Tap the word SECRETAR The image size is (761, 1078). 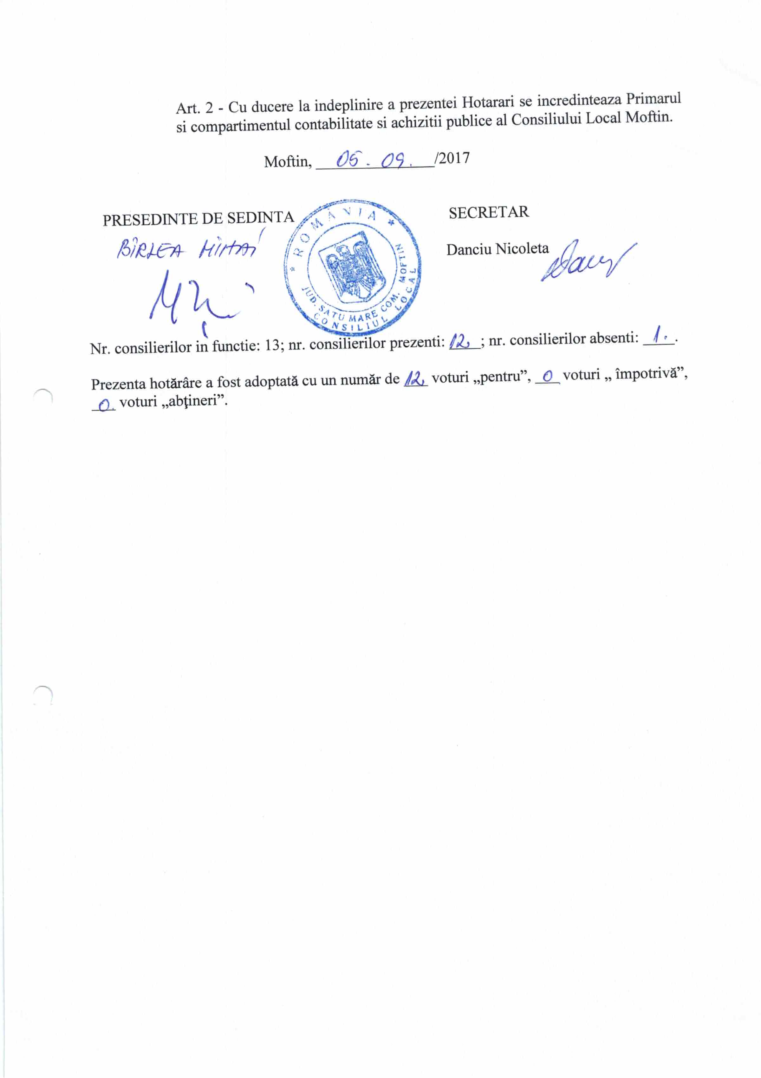pos(488,213)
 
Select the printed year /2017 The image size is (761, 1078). pos(452,158)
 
